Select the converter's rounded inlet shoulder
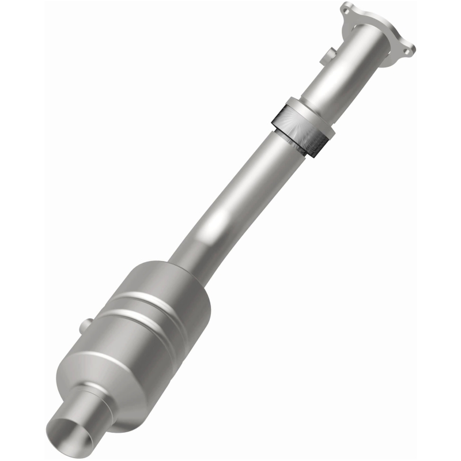(x=167, y=277)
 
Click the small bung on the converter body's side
(x=87, y=320)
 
